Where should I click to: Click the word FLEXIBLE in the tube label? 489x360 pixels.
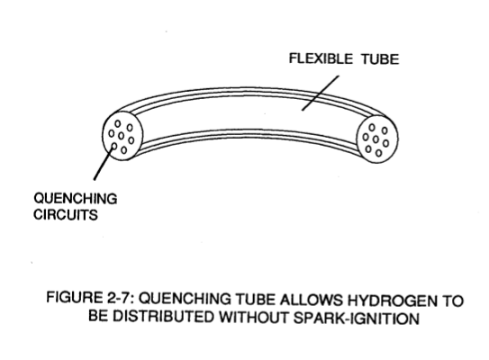click(321, 58)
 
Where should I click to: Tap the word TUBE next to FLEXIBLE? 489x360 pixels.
click(380, 59)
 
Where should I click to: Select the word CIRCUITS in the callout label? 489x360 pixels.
click(66, 214)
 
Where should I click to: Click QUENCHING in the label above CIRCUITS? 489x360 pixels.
click(76, 199)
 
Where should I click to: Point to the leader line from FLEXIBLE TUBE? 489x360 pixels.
click(321, 93)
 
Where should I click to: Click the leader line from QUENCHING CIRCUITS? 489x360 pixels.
click(104, 163)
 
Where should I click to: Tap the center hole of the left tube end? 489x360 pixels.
click(122, 136)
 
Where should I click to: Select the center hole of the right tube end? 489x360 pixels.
click(376, 139)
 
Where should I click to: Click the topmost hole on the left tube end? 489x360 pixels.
click(118, 123)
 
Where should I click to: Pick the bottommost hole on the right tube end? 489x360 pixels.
click(378, 153)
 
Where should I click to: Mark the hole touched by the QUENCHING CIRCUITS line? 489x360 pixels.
click(114, 146)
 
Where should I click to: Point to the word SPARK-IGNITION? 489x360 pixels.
click(357, 319)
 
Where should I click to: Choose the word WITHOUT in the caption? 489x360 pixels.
click(254, 317)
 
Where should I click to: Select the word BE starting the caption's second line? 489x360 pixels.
click(98, 315)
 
